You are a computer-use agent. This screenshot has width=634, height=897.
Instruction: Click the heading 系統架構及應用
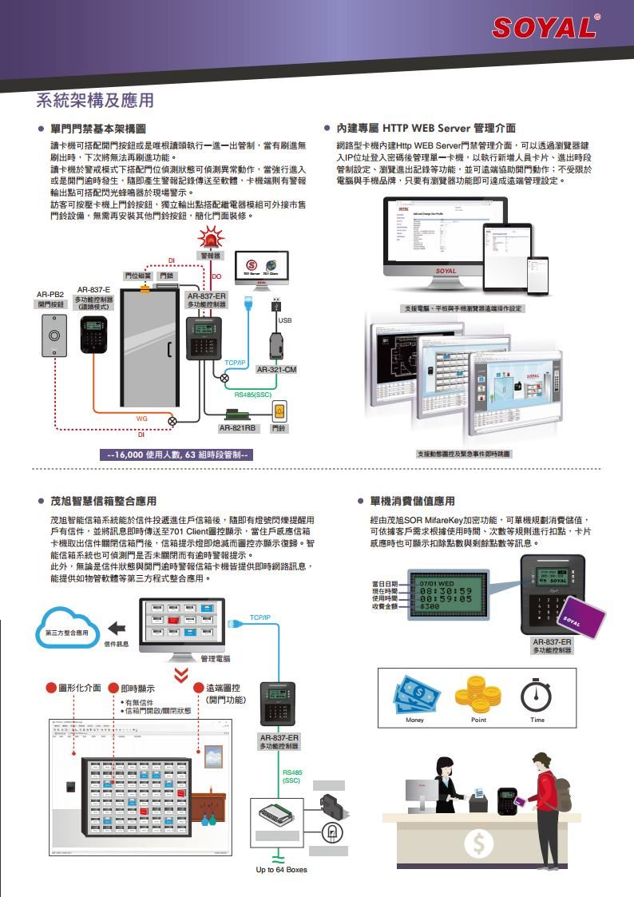95,101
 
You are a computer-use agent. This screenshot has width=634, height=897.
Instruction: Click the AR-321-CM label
276,370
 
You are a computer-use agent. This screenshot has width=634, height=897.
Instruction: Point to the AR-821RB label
237,428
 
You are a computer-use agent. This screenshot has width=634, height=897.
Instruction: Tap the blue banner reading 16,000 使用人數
180,454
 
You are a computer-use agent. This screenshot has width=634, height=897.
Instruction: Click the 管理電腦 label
215,659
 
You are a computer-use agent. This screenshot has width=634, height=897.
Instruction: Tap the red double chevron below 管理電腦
182,675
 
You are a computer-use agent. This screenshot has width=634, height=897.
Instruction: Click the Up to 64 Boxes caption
281,869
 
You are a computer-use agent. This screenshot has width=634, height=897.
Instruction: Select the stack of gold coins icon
478,694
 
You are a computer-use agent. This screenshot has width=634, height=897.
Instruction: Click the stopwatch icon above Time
536,695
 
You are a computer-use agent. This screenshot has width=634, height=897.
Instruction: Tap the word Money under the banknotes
414,720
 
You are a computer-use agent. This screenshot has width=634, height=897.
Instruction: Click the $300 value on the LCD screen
430,607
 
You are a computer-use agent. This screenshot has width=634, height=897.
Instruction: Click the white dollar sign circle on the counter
478,842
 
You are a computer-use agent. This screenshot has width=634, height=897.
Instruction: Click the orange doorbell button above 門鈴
279,412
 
